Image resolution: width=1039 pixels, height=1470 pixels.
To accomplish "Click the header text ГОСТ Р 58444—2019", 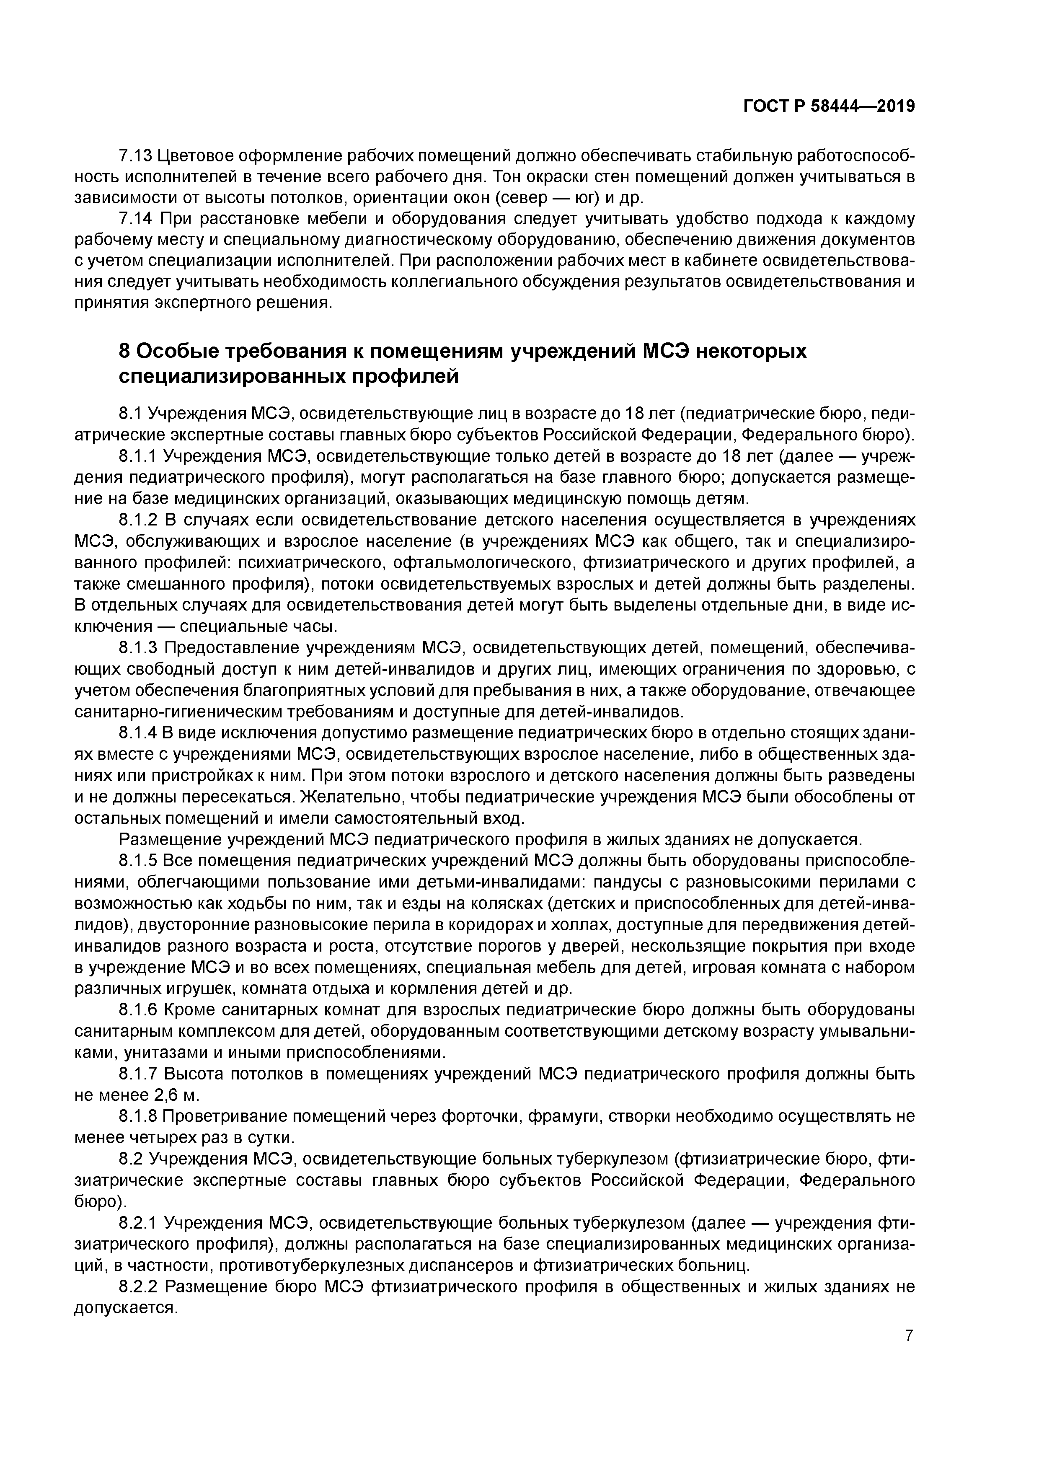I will [829, 106].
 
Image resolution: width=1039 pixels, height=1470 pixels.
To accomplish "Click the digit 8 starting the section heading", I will [125, 352].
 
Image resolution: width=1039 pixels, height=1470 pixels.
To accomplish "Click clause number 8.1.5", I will [138, 860].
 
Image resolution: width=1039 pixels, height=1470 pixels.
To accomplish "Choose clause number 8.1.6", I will [138, 1009].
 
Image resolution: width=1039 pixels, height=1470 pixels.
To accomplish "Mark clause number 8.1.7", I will [138, 1073].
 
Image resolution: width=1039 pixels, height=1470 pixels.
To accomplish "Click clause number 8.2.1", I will [138, 1223].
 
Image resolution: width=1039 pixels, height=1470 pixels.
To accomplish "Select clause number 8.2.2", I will [138, 1286].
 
